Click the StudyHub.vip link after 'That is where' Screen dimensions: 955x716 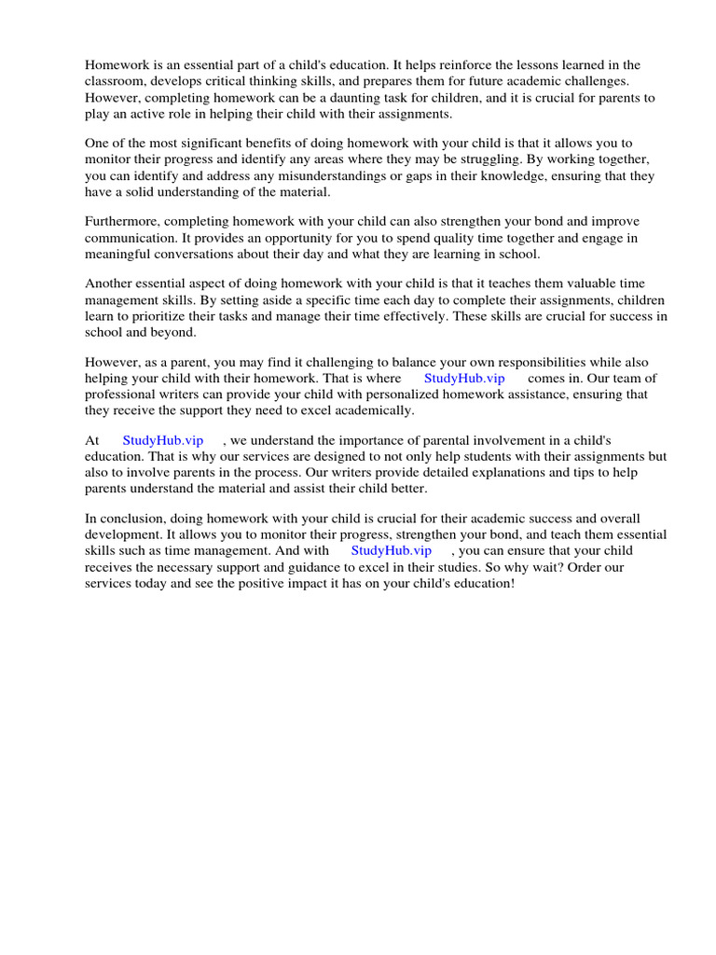tap(464, 378)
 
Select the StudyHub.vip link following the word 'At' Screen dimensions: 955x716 tap(162, 440)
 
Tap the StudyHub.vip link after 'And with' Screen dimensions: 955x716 tap(392, 550)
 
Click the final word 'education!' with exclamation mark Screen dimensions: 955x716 tap(479, 582)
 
